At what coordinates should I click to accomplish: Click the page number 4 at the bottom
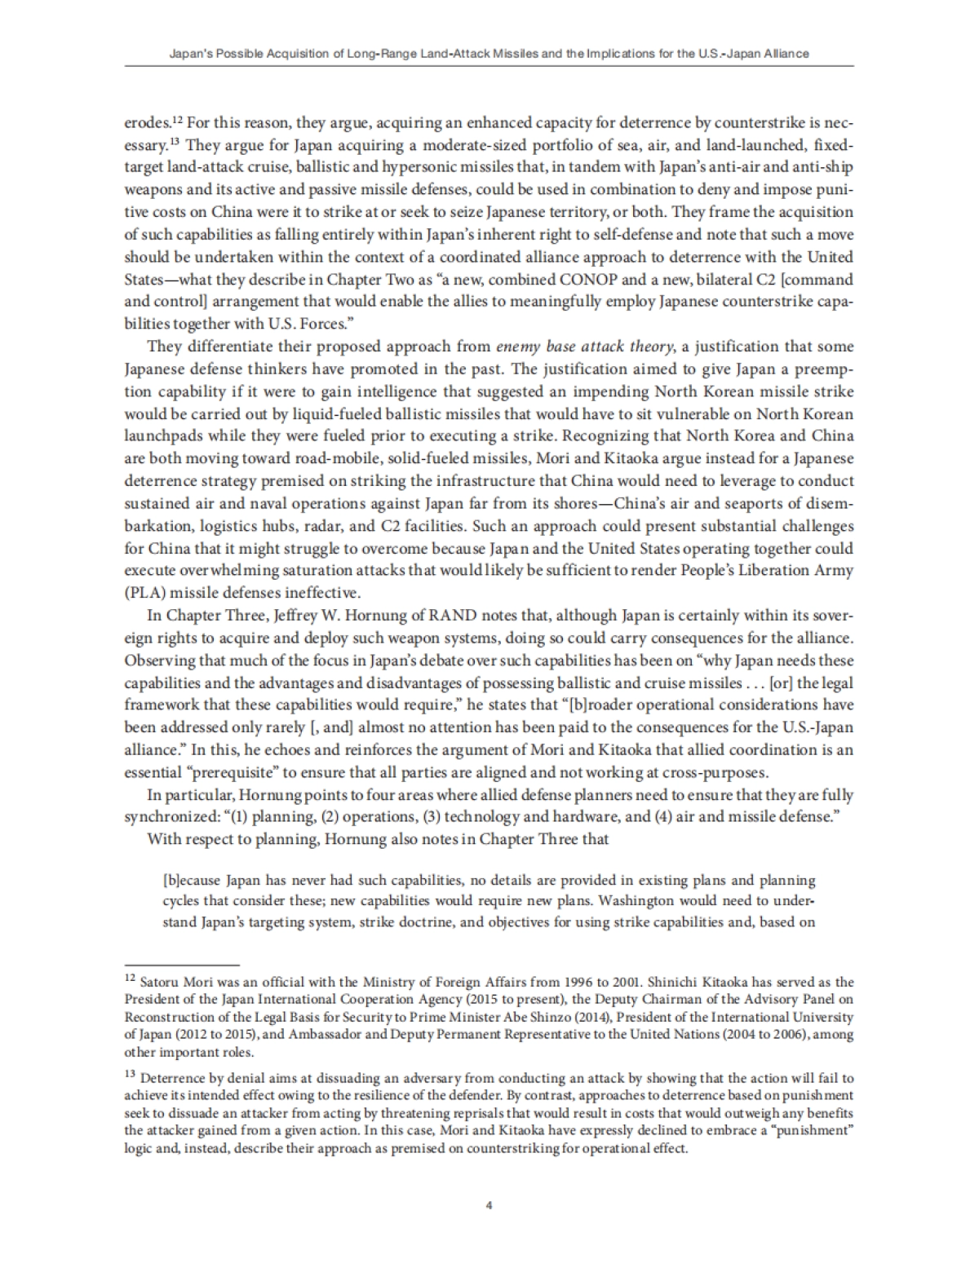[x=489, y=1205]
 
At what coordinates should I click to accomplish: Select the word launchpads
[x=161, y=436]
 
